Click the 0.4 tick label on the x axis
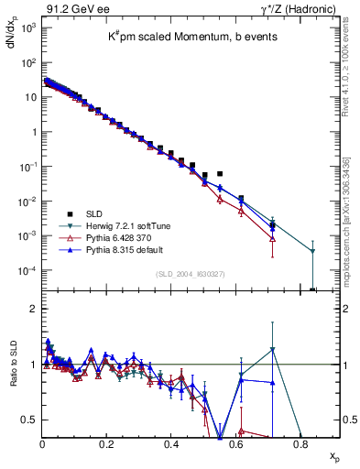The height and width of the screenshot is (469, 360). tap(172, 442)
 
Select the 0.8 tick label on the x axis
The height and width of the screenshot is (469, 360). tap(301, 442)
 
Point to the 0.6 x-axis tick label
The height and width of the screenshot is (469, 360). tap(236, 442)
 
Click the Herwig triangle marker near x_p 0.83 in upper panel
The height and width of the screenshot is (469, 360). tap(312, 251)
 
